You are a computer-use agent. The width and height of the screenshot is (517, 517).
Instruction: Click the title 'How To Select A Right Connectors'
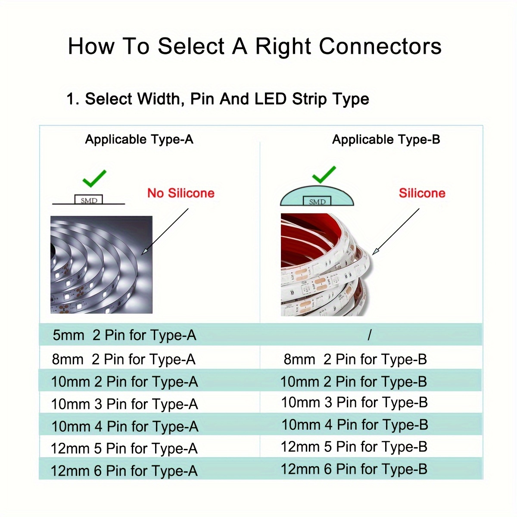coord(255,46)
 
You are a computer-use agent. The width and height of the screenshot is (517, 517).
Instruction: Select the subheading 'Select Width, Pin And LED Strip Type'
coord(218,99)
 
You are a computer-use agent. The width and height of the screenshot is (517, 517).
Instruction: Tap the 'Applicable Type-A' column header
coord(139,139)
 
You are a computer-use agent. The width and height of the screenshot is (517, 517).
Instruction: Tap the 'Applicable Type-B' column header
coord(386,139)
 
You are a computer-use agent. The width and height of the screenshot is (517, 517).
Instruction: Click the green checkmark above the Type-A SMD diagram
coord(94,178)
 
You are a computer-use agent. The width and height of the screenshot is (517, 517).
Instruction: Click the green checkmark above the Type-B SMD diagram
coord(324,174)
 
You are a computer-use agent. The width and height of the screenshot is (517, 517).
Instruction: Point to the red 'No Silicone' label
coord(181,193)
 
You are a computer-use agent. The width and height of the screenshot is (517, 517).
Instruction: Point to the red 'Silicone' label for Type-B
coord(422,193)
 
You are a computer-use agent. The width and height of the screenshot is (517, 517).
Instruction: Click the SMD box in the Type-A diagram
coord(89,200)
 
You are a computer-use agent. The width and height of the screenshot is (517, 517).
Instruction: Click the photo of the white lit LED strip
coord(101,265)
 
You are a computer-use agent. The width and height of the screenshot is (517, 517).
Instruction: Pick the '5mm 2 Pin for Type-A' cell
coord(124,335)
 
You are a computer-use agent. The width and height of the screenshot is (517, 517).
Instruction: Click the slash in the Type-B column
coord(369,335)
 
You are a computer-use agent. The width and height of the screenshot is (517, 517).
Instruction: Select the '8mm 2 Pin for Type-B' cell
coord(355,359)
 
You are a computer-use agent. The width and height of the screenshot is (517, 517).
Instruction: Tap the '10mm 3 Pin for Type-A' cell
coord(124,404)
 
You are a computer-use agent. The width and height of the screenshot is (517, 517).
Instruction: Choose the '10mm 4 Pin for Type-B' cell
coord(355,425)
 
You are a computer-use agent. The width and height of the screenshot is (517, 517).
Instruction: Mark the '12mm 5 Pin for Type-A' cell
coord(124,448)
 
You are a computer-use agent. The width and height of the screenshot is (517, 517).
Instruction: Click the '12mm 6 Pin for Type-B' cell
coord(354,469)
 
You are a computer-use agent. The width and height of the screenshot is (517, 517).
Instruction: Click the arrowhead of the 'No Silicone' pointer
coord(144,252)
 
